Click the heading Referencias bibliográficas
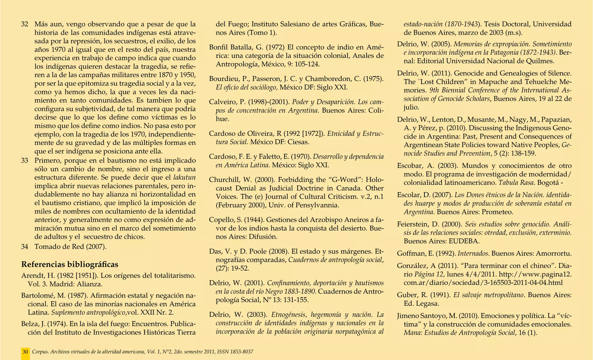(x=70, y=264)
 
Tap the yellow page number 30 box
(x=25, y=352)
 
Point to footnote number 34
(x=25, y=247)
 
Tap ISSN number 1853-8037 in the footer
(x=241, y=352)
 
